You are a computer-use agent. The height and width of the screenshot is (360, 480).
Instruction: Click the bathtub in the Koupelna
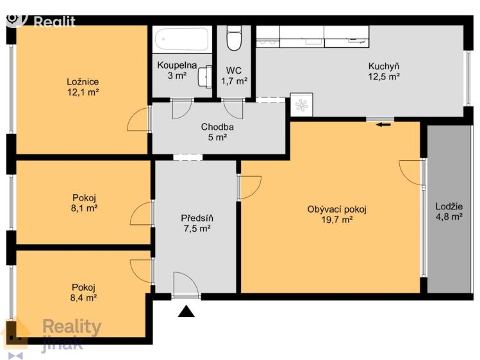pyautogui.click(x=181, y=40)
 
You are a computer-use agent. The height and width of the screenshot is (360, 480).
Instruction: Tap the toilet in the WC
pyautogui.click(x=234, y=38)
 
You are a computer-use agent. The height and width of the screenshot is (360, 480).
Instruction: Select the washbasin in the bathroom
pyautogui.click(x=205, y=76)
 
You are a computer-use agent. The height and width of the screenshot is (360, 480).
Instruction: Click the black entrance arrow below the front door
pyautogui.click(x=186, y=311)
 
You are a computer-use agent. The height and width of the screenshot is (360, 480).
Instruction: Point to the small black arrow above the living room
pyautogui.click(x=383, y=124)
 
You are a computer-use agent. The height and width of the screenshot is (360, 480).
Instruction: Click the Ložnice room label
pyautogui.click(x=83, y=82)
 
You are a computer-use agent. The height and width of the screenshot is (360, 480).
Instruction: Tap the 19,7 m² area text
pyautogui.click(x=336, y=220)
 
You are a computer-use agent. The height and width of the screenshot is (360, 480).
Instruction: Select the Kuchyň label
pyautogui.click(x=384, y=66)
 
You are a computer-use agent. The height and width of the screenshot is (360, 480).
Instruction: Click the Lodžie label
pyautogui.click(x=449, y=206)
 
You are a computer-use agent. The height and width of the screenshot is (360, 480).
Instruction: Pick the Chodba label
pyautogui.click(x=217, y=127)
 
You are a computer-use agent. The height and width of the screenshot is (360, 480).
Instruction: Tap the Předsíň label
pyautogui.click(x=197, y=218)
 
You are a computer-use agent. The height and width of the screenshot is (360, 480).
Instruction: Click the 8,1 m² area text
pyautogui.click(x=84, y=209)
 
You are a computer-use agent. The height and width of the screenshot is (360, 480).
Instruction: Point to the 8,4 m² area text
pyautogui.click(x=83, y=298)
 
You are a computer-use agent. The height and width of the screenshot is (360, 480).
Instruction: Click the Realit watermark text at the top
pyautogui.click(x=54, y=22)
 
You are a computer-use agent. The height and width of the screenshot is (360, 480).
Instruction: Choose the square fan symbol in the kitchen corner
pyautogui.click(x=302, y=105)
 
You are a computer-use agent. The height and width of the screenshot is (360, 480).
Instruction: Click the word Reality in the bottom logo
pyautogui.click(x=72, y=328)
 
